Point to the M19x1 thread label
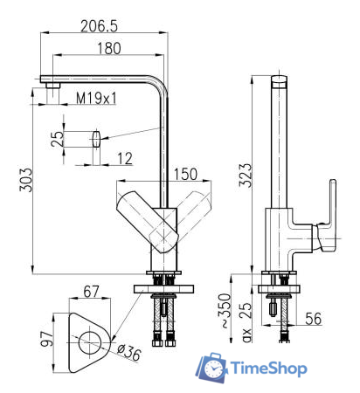[97, 98]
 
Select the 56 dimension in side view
[312, 320]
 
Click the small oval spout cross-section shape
[94, 138]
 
